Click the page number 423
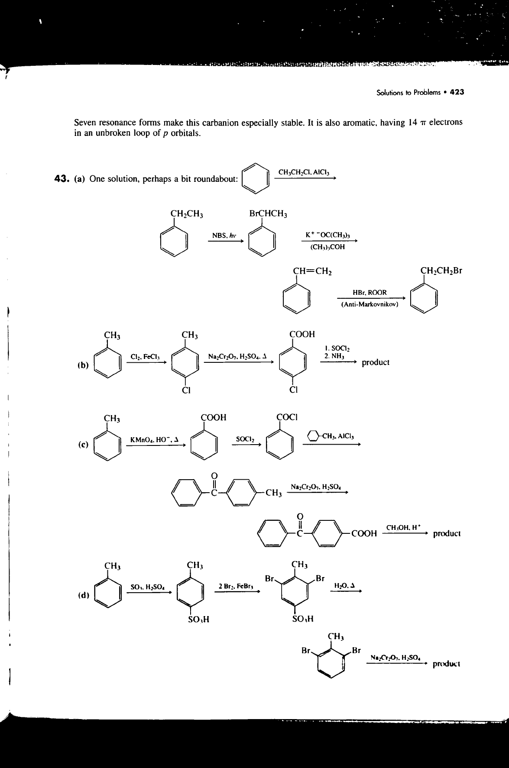pos(457,92)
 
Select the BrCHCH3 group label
pos(268,214)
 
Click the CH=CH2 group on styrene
pos(312,272)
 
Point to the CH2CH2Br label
pos(441,271)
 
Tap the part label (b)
pos(83,365)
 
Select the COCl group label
pos(287,417)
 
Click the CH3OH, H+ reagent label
pos(403,527)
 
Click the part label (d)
pos(83,595)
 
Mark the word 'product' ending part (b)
pos(376,362)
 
